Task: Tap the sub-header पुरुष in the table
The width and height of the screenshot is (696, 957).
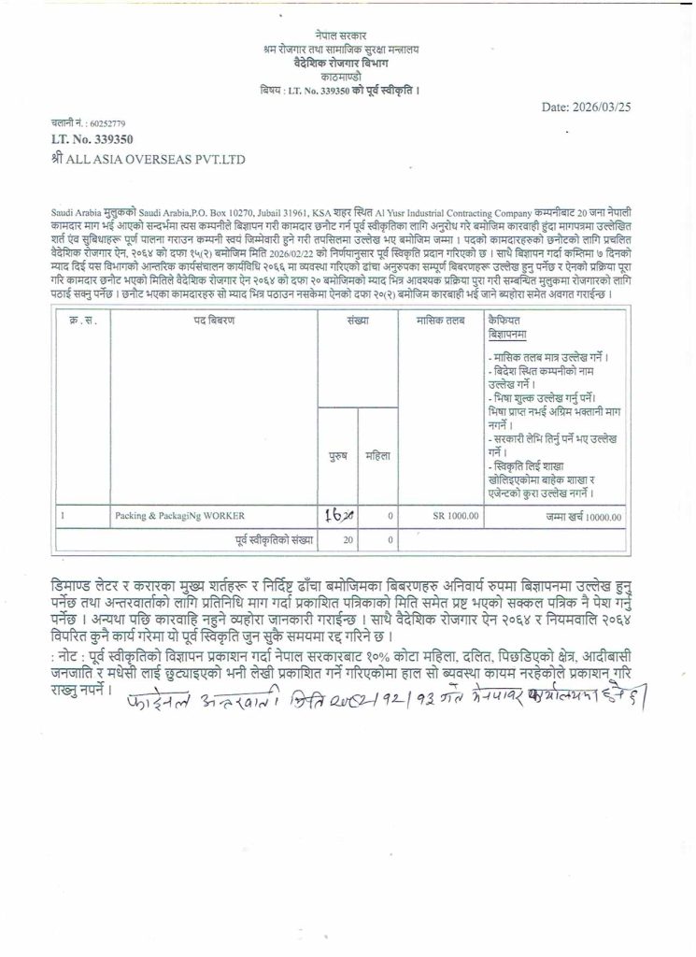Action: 339,457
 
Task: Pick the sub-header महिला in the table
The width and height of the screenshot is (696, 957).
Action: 376,457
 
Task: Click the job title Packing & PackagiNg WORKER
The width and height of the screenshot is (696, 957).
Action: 166,515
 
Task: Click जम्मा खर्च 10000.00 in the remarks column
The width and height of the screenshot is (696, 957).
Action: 585,515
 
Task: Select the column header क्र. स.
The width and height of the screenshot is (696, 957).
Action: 80,320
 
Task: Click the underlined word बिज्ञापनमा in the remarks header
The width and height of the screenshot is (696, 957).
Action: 508,333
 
